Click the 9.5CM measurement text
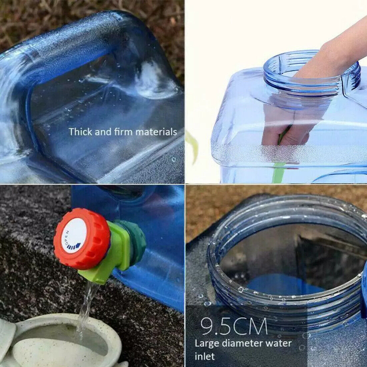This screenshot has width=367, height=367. pyautogui.click(x=234, y=326)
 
